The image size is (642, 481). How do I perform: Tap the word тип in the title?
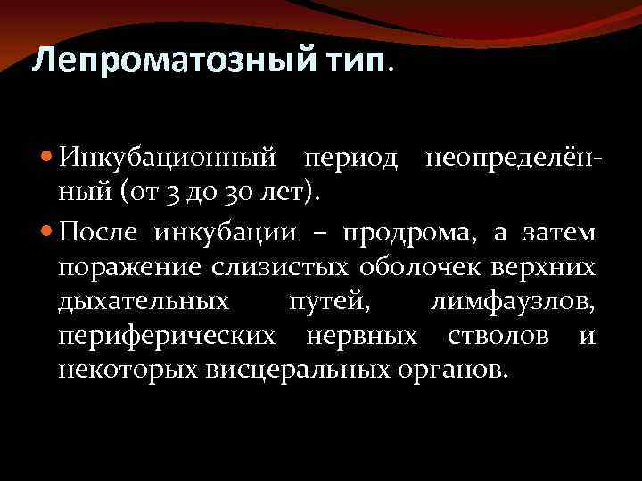(x=355, y=61)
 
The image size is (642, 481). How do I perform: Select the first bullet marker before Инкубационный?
(x=47, y=158)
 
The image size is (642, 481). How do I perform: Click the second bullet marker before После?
(x=47, y=232)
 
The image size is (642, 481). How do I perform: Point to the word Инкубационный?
(x=165, y=158)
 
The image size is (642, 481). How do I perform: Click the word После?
(x=98, y=232)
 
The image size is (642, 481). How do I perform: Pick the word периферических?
(x=167, y=336)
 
